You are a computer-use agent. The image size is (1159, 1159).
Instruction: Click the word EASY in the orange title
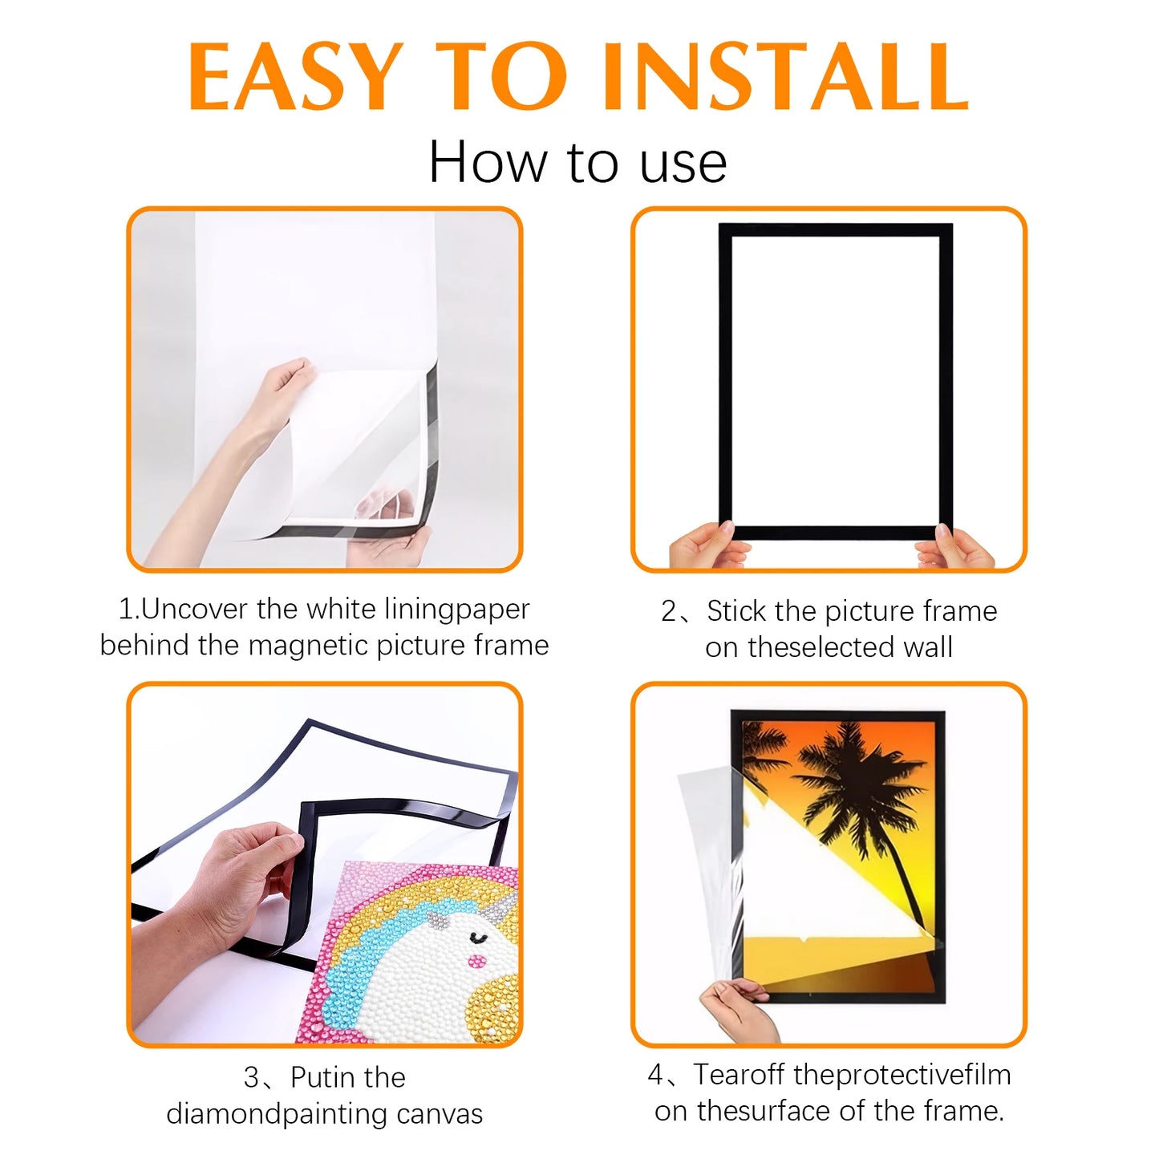click(296, 77)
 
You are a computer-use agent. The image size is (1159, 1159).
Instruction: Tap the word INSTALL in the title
click(785, 77)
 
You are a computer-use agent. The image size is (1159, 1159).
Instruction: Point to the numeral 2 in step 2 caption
click(669, 611)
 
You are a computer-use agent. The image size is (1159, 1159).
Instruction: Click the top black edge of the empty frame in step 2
click(836, 230)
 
